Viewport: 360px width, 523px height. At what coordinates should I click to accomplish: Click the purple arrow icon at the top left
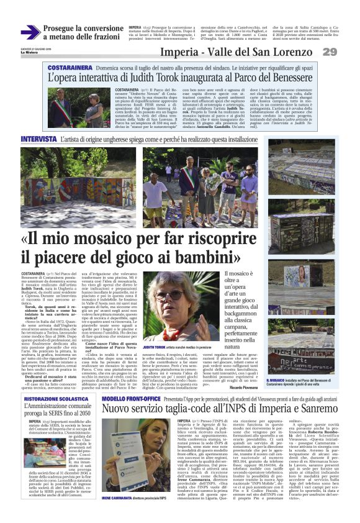[30, 32]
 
